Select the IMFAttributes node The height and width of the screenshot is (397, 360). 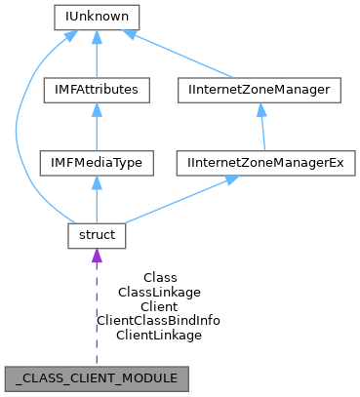(x=97, y=90)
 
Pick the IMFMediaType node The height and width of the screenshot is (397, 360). (x=97, y=162)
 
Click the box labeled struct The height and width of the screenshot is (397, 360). (x=97, y=234)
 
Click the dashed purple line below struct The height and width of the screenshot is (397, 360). (x=97, y=312)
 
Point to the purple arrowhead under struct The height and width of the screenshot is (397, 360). (x=97, y=256)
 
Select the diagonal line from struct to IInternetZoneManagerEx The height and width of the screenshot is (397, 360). (x=176, y=199)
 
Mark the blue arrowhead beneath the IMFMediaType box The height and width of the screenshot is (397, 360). (x=97, y=181)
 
